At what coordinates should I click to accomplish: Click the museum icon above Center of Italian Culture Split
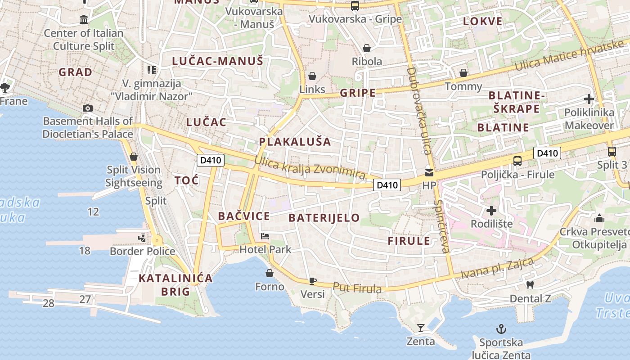(84, 20)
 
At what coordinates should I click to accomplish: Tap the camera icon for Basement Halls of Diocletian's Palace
(88, 108)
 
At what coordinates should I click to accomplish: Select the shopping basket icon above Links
(312, 76)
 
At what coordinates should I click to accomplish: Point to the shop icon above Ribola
(367, 48)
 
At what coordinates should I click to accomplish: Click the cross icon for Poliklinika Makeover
(589, 99)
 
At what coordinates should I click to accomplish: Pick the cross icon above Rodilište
(491, 210)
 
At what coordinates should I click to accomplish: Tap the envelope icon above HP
(429, 172)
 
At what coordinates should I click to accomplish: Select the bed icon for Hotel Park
(265, 236)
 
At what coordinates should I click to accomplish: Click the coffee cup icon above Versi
(312, 281)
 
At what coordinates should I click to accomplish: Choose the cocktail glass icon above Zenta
(421, 328)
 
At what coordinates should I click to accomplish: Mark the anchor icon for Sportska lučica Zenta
(501, 329)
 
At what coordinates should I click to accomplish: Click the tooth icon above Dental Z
(530, 285)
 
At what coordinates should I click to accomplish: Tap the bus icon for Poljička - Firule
(517, 161)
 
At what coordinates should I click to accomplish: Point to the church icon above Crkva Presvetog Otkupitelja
(599, 218)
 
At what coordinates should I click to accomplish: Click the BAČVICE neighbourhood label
(244, 216)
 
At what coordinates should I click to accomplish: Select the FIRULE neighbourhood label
(409, 241)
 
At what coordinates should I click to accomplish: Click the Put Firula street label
(357, 288)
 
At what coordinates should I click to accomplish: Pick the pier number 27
(85, 299)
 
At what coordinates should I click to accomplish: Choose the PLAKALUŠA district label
(295, 142)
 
